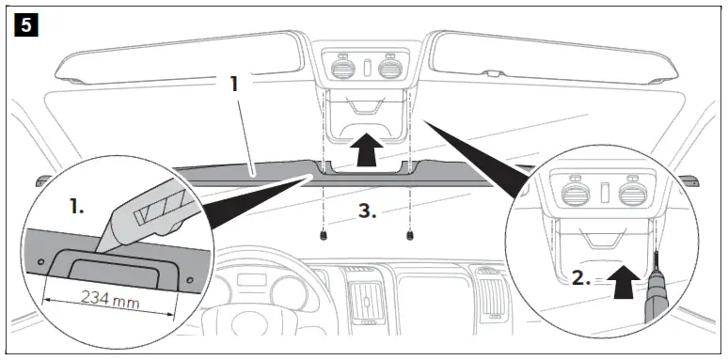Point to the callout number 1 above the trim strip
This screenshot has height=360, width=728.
coord(234,84)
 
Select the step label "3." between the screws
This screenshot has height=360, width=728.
coord(367,212)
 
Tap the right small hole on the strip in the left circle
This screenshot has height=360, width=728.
coord(189,280)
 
